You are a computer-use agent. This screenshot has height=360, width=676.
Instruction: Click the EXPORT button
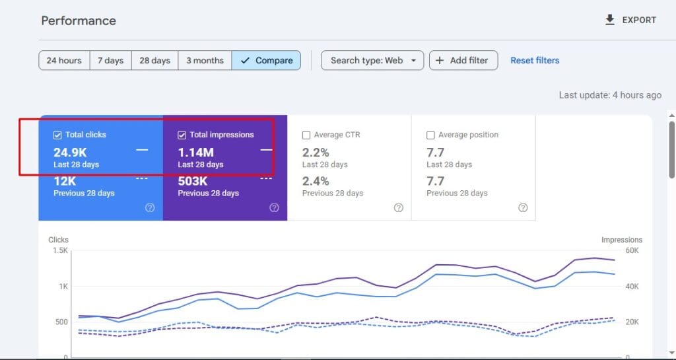click(630, 20)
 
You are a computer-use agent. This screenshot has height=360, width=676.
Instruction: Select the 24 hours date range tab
click(64, 60)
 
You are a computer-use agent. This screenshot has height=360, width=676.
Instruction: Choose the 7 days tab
click(110, 60)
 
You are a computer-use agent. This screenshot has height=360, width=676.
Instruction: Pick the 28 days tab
click(154, 60)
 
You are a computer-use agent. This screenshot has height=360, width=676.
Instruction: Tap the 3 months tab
click(205, 60)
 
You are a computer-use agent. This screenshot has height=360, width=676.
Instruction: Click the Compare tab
click(266, 60)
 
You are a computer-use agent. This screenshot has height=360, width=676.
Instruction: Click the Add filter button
click(463, 60)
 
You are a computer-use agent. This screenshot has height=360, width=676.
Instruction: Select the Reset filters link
click(535, 60)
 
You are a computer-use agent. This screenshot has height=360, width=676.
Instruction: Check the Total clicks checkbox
click(57, 135)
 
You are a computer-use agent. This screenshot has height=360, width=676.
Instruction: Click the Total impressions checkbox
click(182, 135)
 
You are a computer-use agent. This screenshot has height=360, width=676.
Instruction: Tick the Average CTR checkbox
click(306, 135)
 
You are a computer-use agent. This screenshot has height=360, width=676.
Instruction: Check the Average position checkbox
click(430, 135)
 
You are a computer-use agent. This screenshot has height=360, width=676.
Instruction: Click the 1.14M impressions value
click(196, 153)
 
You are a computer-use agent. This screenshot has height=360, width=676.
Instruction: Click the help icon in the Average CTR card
click(399, 207)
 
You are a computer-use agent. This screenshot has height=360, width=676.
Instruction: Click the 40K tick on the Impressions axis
click(632, 287)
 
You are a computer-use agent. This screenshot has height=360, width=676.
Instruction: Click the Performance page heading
click(79, 20)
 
